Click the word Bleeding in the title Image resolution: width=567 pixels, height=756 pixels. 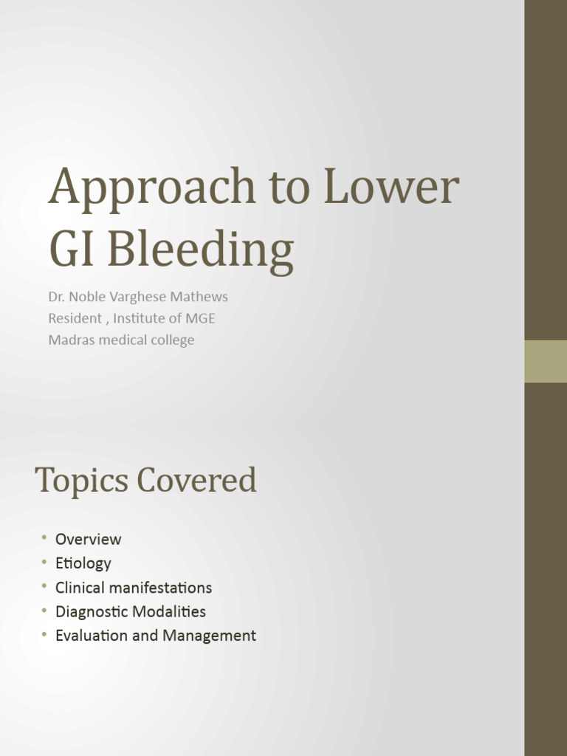200,251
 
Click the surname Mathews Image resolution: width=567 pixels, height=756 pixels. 200,297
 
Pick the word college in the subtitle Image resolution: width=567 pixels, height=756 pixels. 171,340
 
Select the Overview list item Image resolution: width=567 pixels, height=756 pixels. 88,539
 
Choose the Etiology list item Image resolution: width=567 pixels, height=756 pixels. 83,563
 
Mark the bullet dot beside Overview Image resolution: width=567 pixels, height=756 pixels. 44,537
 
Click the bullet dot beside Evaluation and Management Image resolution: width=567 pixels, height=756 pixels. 44,634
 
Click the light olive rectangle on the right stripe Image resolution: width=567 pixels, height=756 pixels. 546,361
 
